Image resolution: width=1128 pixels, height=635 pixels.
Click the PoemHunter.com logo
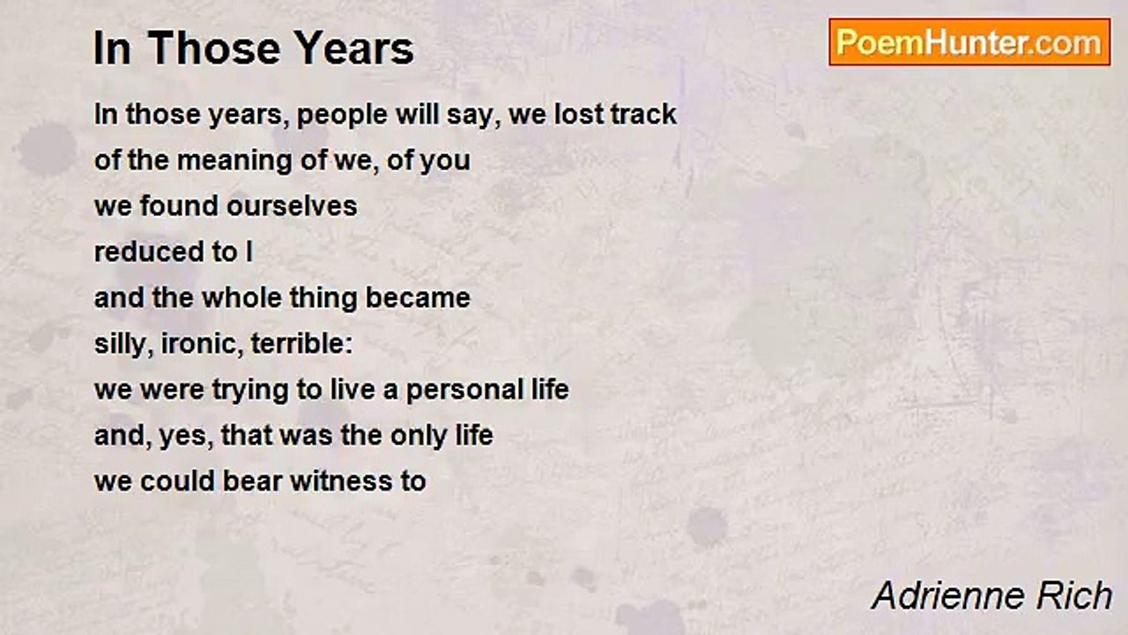(969, 42)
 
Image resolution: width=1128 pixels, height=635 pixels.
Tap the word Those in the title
(214, 49)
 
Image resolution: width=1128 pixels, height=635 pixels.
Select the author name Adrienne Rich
(991, 595)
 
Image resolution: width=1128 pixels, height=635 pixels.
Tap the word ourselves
(292, 206)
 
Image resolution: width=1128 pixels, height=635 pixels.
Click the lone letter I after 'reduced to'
(249, 251)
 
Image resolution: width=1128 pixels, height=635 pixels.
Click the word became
(418, 297)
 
